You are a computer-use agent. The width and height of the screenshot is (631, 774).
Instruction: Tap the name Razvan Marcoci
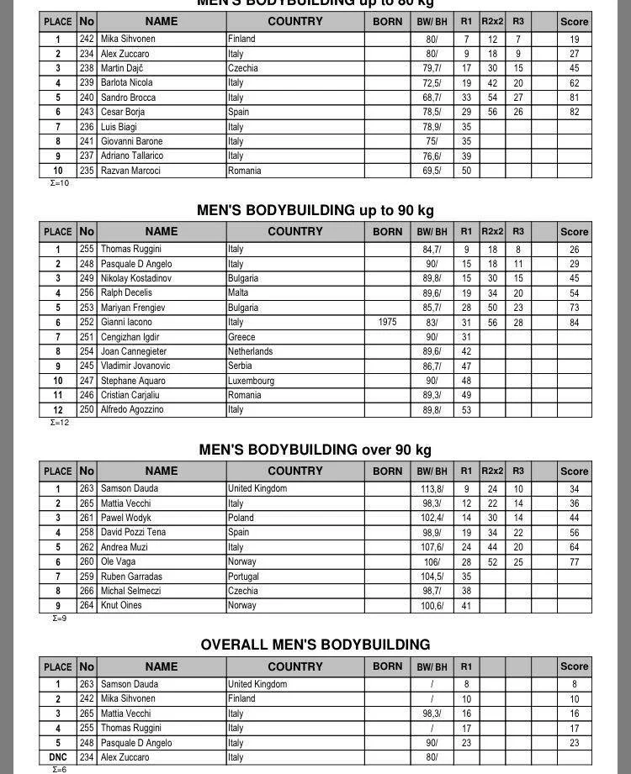[x=130, y=171]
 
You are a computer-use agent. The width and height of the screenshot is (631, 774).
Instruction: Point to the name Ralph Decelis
[x=126, y=293]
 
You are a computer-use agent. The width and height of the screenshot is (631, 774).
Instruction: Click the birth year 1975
[x=387, y=322]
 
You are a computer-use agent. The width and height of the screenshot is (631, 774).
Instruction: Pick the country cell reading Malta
[x=238, y=293]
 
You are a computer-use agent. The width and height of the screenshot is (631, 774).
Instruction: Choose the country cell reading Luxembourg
[x=251, y=381]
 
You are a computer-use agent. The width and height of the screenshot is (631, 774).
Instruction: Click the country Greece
[x=241, y=337]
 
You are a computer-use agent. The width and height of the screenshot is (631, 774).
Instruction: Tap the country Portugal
[x=244, y=577]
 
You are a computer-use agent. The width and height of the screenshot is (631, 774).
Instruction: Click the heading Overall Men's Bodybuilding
[x=315, y=645]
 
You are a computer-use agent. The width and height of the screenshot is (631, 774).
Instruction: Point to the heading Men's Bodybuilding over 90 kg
[x=315, y=450]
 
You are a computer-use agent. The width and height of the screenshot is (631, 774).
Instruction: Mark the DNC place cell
[x=57, y=757]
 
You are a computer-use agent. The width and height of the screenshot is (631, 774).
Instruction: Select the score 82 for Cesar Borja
[x=574, y=112]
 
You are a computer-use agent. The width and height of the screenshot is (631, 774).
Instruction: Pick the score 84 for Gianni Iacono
[x=574, y=322]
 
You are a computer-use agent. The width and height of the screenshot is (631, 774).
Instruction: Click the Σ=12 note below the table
[x=60, y=423]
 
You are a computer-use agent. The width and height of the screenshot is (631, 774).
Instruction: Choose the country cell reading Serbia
[x=241, y=366]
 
